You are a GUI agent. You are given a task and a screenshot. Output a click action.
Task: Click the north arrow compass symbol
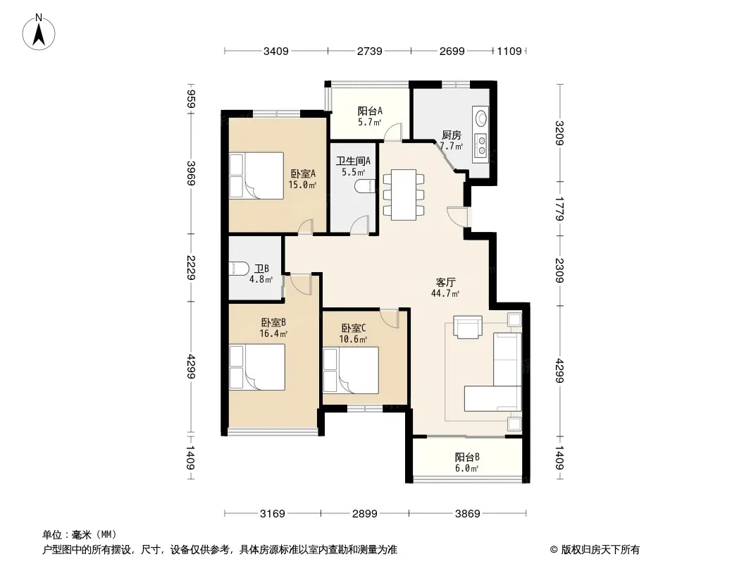click(x=39, y=32)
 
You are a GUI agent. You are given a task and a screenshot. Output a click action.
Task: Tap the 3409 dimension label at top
click(x=276, y=51)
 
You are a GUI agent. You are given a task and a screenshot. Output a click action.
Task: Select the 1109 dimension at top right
click(x=509, y=51)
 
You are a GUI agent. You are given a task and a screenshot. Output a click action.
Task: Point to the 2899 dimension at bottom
click(x=364, y=514)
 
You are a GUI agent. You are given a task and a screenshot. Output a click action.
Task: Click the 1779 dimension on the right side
click(x=559, y=209)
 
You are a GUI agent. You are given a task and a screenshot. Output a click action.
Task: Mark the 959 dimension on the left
click(x=191, y=99)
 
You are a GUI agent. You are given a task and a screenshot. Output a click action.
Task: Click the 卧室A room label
click(x=303, y=173)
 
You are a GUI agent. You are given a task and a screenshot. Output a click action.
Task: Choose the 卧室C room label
click(x=354, y=329)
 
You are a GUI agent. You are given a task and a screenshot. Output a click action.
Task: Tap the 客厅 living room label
click(x=445, y=282)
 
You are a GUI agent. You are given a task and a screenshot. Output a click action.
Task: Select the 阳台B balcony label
click(x=467, y=457)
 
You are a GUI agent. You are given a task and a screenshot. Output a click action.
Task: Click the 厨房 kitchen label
click(x=451, y=135)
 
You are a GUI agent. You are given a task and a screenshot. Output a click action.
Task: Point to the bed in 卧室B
click(x=257, y=367)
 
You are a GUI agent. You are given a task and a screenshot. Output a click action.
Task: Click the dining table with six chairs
click(x=403, y=195)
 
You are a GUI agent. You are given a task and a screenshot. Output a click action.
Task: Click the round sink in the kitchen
click(x=480, y=118)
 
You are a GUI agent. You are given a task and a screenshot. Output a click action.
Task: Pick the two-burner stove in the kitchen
click(x=481, y=146)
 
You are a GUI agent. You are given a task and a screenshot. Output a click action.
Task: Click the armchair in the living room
click(x=468, y=327)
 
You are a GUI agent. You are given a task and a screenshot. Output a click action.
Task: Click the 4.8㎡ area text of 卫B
click(x=261, y=279)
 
